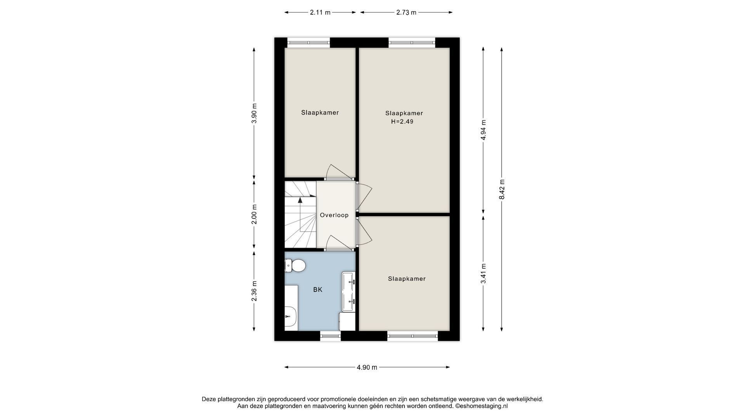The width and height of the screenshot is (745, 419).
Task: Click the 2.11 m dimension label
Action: pos(320,12)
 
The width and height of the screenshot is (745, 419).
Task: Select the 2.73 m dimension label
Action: pos(406,12)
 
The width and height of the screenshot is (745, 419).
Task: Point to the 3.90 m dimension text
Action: pos(254,113)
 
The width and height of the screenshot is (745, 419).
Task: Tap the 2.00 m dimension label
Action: pos(254,214)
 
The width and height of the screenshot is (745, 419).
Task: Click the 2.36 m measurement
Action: pos(254,291)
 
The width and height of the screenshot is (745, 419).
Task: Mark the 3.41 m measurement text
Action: pos(483,274)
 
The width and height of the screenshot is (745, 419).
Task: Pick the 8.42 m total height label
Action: pos(502,189)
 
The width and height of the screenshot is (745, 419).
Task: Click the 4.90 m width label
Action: pos(367,367)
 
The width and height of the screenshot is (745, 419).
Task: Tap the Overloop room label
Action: pos(334,215)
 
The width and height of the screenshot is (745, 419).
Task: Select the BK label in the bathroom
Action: pos(318,290)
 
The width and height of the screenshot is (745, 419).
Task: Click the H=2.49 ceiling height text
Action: pos(402,121)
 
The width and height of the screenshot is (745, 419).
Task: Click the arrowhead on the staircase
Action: pos(300,200)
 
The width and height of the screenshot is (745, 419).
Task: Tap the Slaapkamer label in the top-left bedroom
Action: pos(320,113)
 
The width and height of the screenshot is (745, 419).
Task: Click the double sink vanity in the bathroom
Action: pos(348,291)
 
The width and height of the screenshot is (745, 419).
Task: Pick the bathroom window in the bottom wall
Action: pos(331,336)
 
